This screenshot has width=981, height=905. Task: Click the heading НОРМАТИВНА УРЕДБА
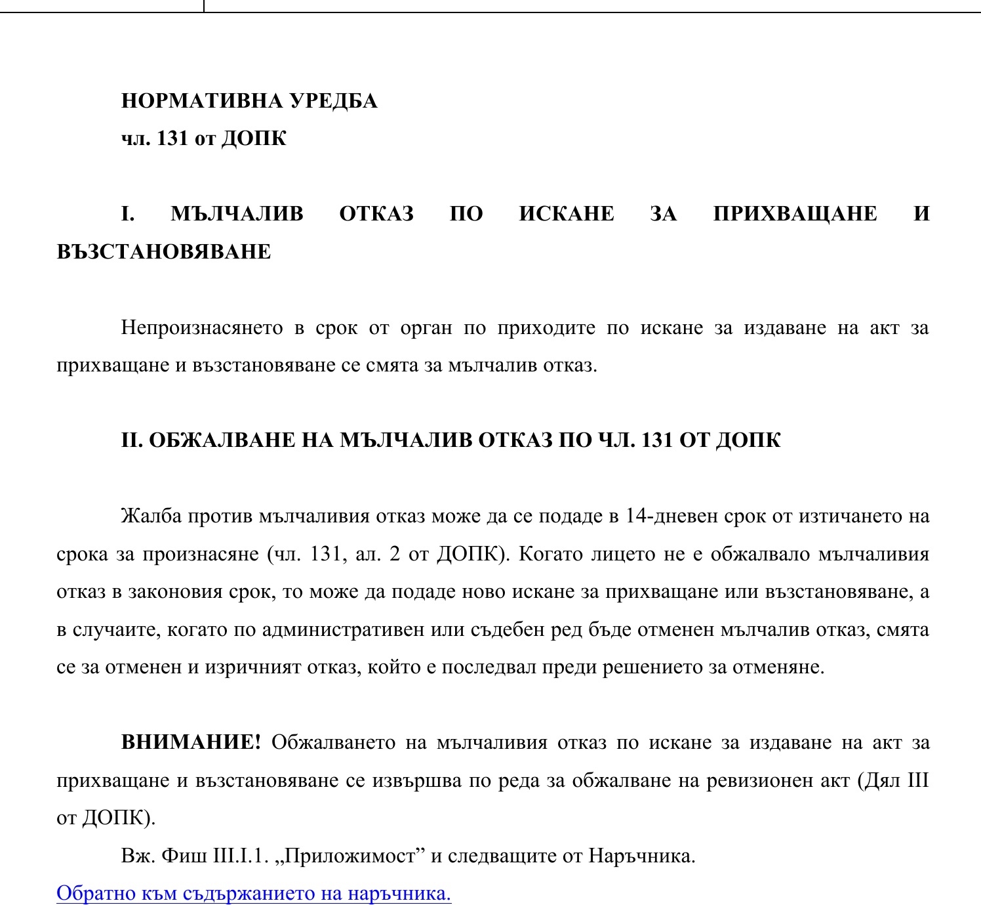[x=249, y=101]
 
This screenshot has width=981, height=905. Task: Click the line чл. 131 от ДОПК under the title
[x=204, y=138]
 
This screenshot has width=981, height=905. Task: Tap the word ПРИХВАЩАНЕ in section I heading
[x=795, y=214]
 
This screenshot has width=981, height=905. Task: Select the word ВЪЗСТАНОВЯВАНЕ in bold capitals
[x=164, y=252]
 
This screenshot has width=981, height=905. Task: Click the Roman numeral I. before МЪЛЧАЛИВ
[x=128, y=214]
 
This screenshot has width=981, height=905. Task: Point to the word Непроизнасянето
[x=202, y=327]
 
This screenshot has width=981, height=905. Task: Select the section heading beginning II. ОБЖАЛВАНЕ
[x=451, y=440]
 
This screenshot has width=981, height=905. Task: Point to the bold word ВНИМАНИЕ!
[x=191, y=743]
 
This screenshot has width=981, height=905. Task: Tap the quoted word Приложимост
[x=350, y=856]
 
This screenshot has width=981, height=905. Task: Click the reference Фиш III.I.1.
[x=215, y=856]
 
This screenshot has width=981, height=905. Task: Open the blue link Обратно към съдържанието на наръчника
[x=254, y=894]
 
